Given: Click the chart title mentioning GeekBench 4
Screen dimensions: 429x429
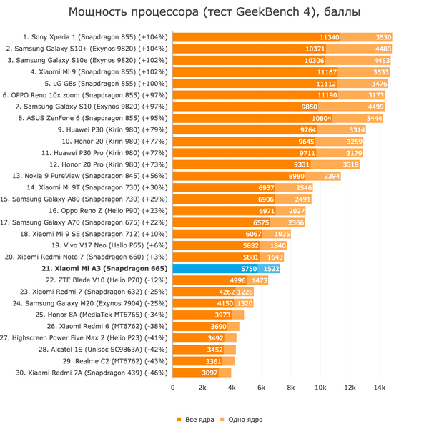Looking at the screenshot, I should click(x=214, y=12).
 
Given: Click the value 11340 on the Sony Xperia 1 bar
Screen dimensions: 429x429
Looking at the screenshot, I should click(x=329, y=36).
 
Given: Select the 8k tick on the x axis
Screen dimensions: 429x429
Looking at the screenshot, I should click(x=291, y=388).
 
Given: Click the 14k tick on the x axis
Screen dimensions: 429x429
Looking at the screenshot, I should click(x=380, y=388).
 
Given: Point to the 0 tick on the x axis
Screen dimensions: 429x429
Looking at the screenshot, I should click(x=173, y=388).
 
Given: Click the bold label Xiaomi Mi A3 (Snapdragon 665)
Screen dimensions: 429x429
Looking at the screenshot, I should click(x=105, y=268).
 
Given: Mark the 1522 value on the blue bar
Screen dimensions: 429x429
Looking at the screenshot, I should click(x=270, y=268).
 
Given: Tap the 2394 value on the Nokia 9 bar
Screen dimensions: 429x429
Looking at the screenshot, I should click(x=331, y=175).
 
